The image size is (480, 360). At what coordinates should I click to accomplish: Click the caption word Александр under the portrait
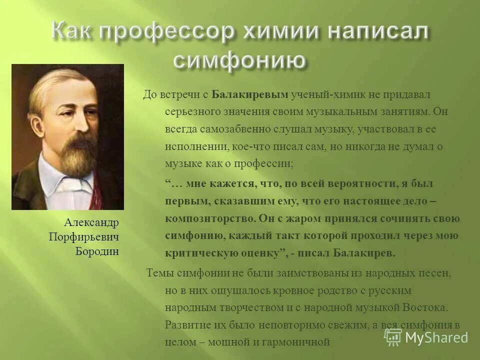[x=91, y=222]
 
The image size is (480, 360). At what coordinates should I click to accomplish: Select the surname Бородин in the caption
[x=97, y=251]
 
